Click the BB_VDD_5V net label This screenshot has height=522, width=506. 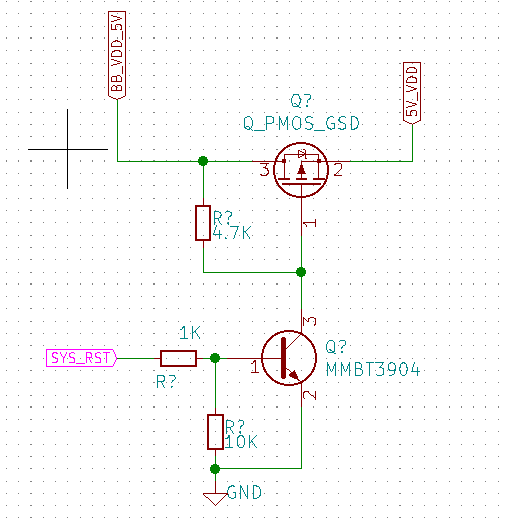point(117,55)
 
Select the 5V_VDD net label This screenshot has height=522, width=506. point(412,93)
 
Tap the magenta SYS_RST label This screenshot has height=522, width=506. point(82,358)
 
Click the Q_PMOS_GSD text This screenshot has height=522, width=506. point(301,123)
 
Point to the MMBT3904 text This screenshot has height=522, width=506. point(373,370)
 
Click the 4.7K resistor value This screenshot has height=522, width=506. point(232,233)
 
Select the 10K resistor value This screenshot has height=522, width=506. point(241,442)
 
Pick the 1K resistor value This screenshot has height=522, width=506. point(190,333)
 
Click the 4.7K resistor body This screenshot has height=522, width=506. point(203,223)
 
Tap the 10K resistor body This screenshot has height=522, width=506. point(215,432)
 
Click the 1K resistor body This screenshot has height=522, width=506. point(178,358)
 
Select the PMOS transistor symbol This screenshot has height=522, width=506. point(301,170)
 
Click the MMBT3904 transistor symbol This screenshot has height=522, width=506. point(289,358)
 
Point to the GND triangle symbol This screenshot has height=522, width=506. point(215,499)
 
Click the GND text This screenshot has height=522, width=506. point(244,492)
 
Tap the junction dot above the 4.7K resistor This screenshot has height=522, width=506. point(203,161)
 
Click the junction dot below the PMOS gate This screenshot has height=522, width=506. point(301,272)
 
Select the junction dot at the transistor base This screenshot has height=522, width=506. point(215,358)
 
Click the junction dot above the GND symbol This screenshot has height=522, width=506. point(215,469)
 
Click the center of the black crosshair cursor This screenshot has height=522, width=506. point(67,149)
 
